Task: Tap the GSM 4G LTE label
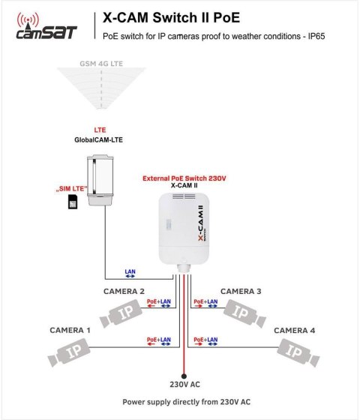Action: point(101,65)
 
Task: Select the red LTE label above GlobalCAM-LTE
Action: point(100,130)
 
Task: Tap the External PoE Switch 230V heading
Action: point(184,178)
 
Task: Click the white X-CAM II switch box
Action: point(187,227)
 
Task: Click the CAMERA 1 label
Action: point(70,330)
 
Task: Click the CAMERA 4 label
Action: point(294,330)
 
